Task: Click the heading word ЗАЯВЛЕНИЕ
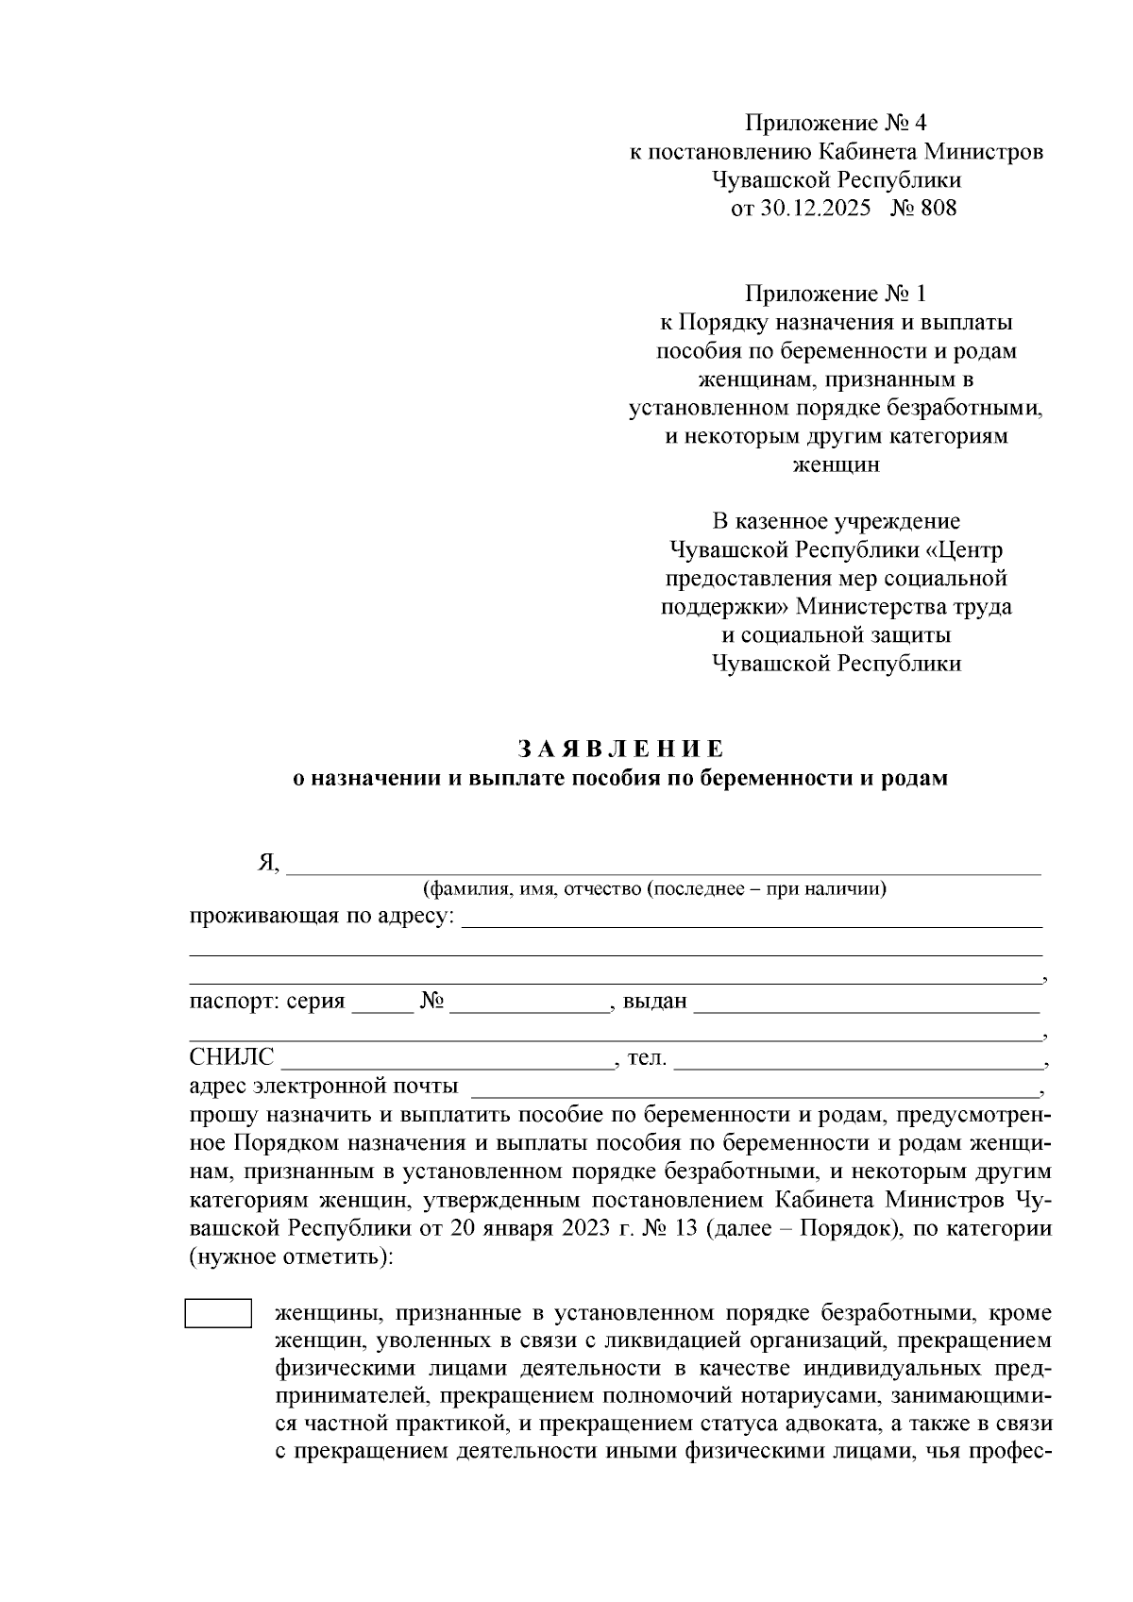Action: (620, 750)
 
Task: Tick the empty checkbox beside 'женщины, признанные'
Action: (217, 1314)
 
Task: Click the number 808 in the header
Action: (937, 208)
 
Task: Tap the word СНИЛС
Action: (231, 1058)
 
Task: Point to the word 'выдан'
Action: (654, 1002)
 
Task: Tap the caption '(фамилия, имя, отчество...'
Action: (654, 889)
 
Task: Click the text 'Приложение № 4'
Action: (837, 123)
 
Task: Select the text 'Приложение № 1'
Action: (837, 294)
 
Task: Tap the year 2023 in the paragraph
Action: (591, 1229)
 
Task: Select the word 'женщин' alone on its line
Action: (836, 464)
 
